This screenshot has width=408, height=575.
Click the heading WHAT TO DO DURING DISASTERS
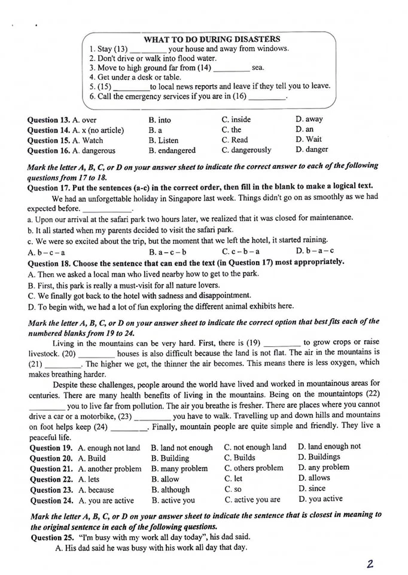point(212,39)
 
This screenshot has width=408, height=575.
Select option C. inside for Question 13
point(236,119)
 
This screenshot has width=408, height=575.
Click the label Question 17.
point(50,186)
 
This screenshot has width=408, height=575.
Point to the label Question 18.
point(50,262)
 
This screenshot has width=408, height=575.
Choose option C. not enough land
point(255,447)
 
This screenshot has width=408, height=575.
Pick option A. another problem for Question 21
point(109,468)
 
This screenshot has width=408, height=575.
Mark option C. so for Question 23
point(233,489)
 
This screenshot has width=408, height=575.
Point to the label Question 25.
point(50,537)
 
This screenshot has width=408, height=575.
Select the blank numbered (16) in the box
point(267,97)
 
